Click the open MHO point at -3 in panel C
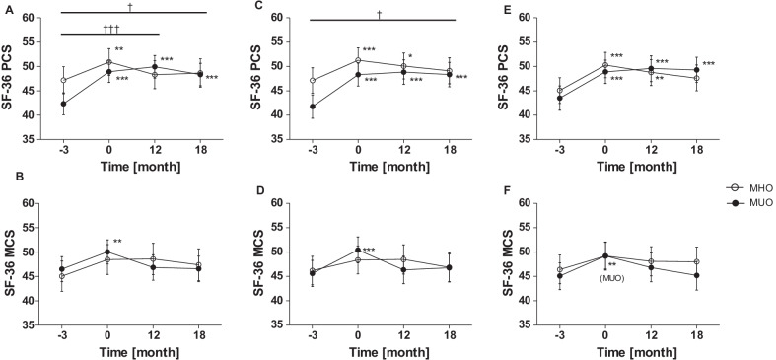(x=313, y=81)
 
